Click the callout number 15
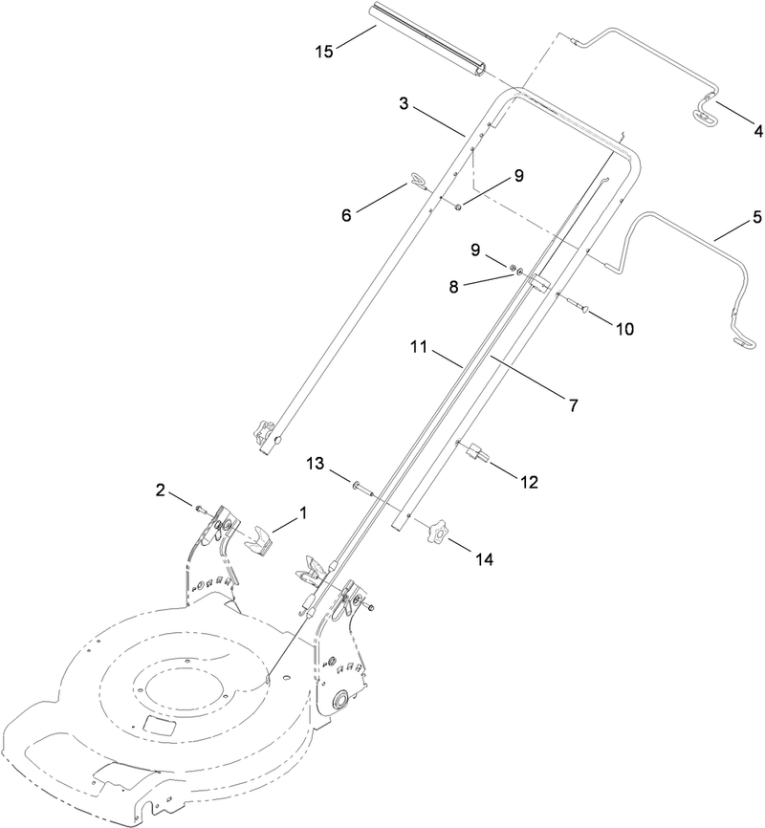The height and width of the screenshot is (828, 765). point(324,50)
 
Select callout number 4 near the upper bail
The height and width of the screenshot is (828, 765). point(732,130)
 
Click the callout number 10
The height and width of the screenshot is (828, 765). point(623,328)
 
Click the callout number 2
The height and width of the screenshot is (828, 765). point(162,491)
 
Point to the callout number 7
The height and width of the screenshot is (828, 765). point(574,405)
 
